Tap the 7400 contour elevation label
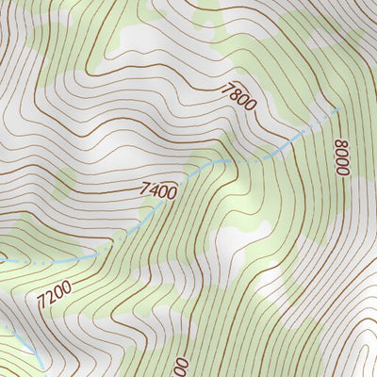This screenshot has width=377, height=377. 158,191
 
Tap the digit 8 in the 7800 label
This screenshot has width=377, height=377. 237,93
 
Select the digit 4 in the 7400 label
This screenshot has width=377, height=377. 154,191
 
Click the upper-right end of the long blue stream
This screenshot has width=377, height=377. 337,110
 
